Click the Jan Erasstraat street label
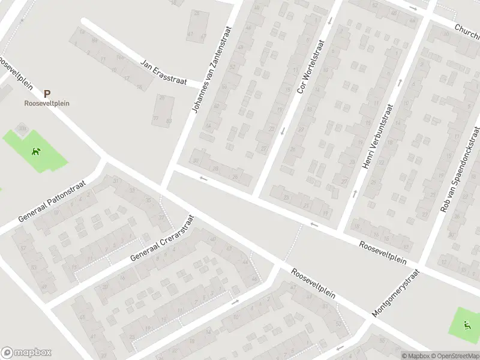[164, 71]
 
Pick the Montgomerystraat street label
[396, 293]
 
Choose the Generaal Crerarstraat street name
[162, 239]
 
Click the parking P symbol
[47, 94]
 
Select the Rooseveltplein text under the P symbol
[47, 103]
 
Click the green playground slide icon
[467, 326]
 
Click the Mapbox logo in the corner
[26, 353]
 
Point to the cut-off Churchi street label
[467, 29]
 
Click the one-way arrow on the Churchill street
[413, 8]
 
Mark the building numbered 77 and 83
[162, 111]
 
